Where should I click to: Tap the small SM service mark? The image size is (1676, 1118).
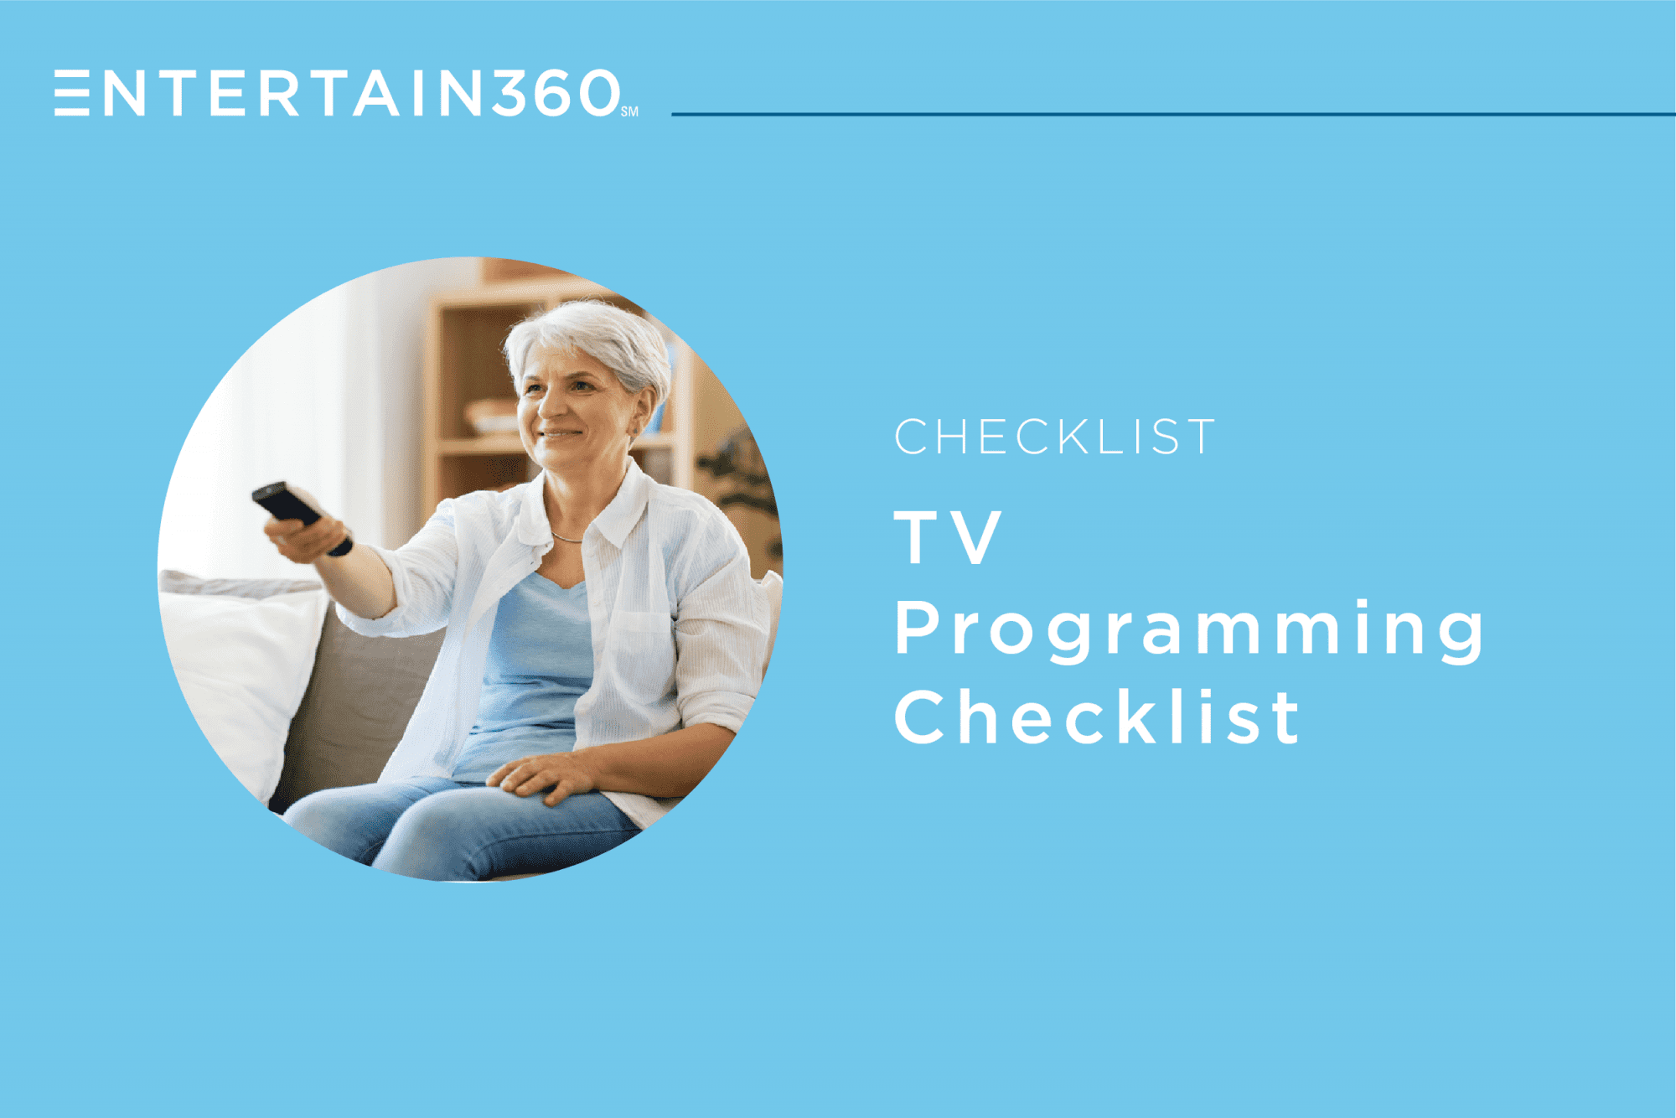coord(629,111)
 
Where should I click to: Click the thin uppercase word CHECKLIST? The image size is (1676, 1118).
coord(1054,437)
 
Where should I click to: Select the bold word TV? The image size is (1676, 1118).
coord(948,538)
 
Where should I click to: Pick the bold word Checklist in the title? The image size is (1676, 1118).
coord(1096,717)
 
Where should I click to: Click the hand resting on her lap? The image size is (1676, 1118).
coord(545,775)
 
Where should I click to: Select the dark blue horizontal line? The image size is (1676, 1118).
coord(1173,114)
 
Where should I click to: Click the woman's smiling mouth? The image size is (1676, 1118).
coord(559,434)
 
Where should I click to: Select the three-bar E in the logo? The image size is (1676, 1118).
coord(72,92)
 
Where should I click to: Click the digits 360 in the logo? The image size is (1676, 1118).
coord(556,92)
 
